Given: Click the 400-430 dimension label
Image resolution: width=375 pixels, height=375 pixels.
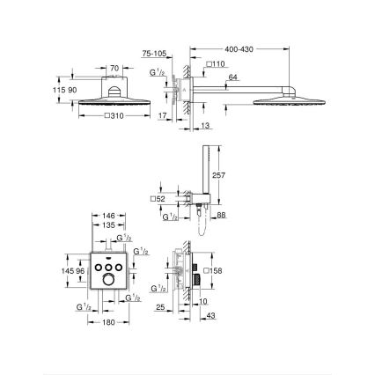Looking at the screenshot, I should [x=240, y=49].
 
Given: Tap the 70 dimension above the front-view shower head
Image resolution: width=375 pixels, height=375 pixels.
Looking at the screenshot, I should [x=114, y=67].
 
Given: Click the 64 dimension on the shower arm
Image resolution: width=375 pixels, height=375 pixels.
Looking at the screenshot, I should [x=232, y=77].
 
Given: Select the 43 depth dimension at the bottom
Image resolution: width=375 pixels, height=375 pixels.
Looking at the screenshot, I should [x=210, y=316].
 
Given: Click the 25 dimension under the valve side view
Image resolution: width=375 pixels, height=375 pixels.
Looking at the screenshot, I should [x=159, y=307].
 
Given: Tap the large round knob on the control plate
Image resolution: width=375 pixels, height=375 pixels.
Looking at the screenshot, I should [x=109, y=279].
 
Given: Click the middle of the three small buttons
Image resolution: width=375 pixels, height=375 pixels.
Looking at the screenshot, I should [x=109, y=264].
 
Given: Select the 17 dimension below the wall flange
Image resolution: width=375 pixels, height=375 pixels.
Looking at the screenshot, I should [x=164, y=114].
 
